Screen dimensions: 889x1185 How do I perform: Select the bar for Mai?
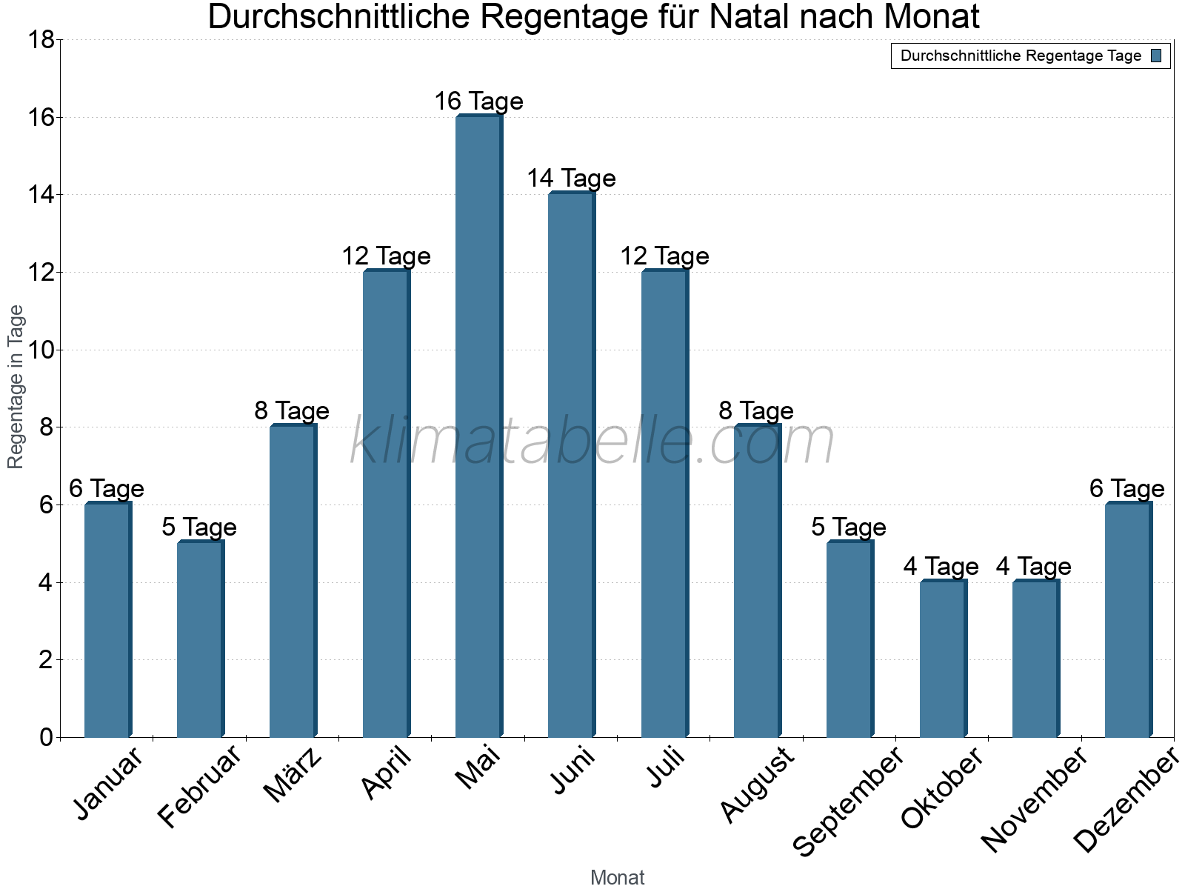pyautogui.click(x=478, y=426)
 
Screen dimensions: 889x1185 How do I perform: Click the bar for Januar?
pyautogui.click(x=107, y=620)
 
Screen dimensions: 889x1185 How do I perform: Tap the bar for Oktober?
pyautogui.click(x=943, y=659)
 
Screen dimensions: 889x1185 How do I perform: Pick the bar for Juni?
pyautogui.click(x=571, y=465)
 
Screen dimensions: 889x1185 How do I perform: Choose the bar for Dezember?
pyautogui.click(x=1128, y=620)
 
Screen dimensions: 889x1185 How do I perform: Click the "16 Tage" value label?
pyautogui.click(x=478, y=101)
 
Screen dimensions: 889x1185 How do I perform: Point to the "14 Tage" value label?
pyautogui.click(x=571, y=179)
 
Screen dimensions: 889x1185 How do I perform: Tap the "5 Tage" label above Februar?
pyautogui.click(x=199, y=527)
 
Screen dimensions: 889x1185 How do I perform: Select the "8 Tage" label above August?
pyautogui.click(x=756, y=411)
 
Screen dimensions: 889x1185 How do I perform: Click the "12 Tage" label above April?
pyautogui.click(x=386, y=256)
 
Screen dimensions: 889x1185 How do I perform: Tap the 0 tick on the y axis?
pyautogui.click(x=46, y=737)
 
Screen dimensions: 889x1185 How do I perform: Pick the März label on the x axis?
pyautogui.click(x=293, y=775)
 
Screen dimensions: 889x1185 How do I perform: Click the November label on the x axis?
pyautogui.click(x=1034, y=799)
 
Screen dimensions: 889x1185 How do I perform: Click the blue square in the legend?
pyautogui.click(x=1156, y=56)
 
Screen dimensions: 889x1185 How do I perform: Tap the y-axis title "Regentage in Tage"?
pyautogui.click(x=16, y=387)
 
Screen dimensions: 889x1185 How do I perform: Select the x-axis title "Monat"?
pyautogui.click(x=617, y=878)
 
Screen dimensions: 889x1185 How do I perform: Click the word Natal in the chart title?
pyautogui.click(x=752, y=17)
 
